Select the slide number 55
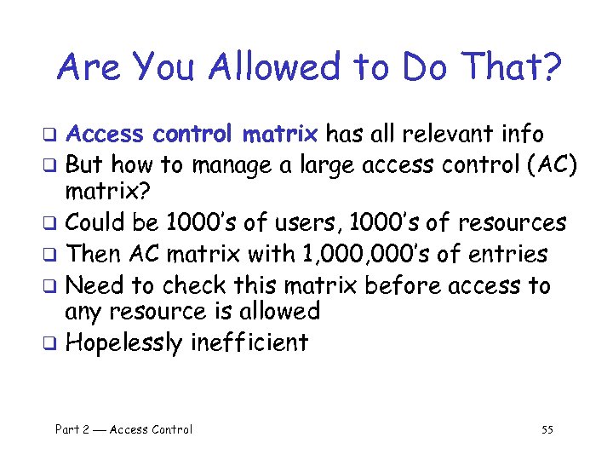(x=547, y=429)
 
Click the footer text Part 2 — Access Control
(x=123, y=429)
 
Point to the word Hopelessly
(x=124, y=343)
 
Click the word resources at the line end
(x=512, y=223)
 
